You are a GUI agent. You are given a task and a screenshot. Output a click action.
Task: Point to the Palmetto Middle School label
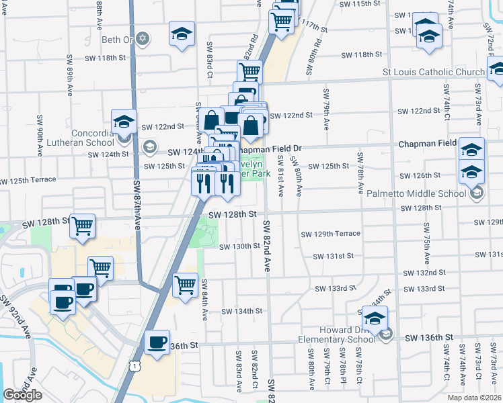point(416,193)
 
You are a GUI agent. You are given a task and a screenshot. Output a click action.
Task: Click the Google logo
point(22,395)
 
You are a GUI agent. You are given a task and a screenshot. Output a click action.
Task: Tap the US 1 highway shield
point(137,365)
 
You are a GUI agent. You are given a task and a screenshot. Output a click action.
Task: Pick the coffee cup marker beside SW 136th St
point(157,343)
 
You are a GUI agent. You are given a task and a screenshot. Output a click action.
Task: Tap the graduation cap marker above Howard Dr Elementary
point(375,316)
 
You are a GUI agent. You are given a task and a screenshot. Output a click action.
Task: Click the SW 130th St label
point(239,246)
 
